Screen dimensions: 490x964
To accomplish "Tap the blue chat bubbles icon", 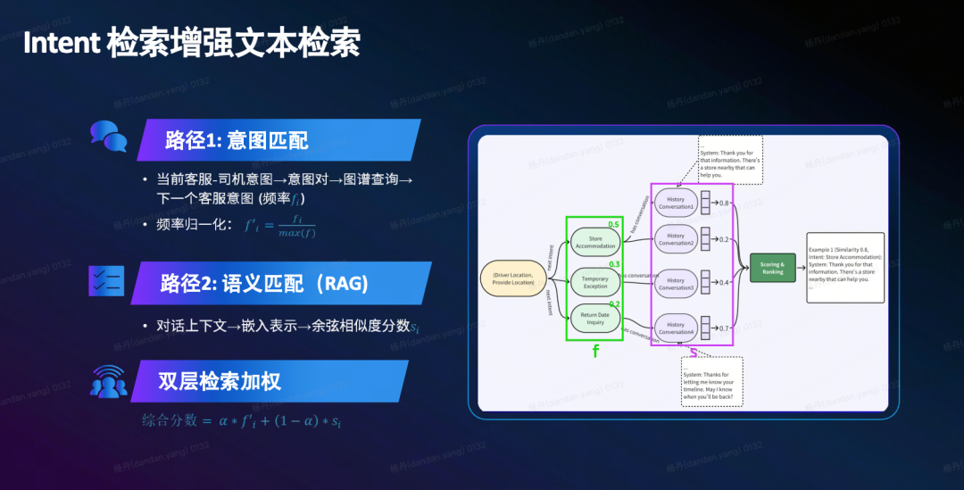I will (108, 137).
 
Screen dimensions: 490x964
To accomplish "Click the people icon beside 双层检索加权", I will (108, 381).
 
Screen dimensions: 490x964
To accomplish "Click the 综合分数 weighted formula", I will (242, 420).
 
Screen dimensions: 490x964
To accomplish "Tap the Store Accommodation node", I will (595, 242).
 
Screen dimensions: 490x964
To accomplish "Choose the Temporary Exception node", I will (595, 282).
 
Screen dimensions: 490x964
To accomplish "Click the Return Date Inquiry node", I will (595, 318).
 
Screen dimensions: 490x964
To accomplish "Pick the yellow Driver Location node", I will (512, 278).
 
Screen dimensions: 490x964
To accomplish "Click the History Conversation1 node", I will (676, 203).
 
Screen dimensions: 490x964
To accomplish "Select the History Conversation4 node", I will (676, 328).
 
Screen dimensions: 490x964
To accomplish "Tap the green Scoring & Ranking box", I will (772, 268).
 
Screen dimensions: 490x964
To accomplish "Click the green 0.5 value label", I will (613, 224).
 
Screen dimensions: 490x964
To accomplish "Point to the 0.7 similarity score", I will (724, 328).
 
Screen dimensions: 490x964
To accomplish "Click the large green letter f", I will (595, 352).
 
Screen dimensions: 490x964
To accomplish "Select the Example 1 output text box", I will (845, 266).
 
